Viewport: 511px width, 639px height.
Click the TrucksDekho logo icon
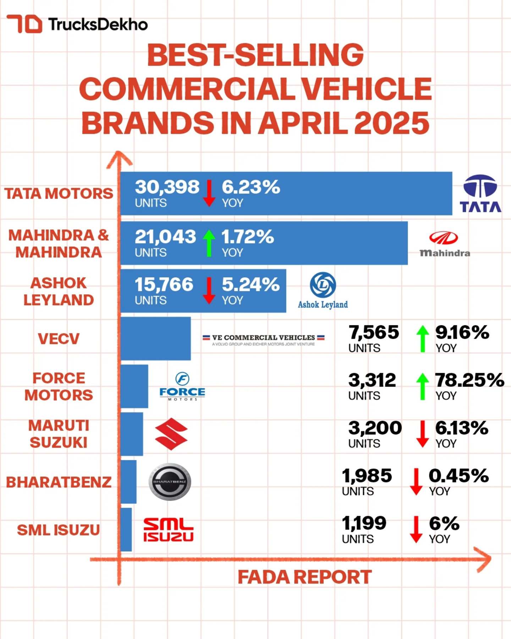(x=24, y=24)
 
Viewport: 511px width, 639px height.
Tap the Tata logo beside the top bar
(x=480, y=193)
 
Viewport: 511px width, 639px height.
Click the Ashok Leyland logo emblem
(x=323, y=285)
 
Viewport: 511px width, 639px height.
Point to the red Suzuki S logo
(x=171, y=434)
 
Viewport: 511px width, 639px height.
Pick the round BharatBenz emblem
(x=170, y=482)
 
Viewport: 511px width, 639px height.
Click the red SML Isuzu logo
(x=168, y=530)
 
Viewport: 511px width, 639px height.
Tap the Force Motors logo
(x=182, y=386)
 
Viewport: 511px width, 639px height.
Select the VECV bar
(x=155, y=339)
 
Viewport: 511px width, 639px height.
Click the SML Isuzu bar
(x=126, y=530)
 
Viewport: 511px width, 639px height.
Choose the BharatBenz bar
(x=128, y=482)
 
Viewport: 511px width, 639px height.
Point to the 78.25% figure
(x=470, y=380)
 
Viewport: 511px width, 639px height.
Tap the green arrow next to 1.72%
(x=209, y=243)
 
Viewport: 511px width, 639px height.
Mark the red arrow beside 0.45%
(x=416, y=482)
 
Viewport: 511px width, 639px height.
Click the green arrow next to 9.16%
(x=422, y=339)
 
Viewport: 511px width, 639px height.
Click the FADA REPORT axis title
(x=304, y=577)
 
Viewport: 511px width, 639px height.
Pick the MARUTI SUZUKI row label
(x=59, y=434)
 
